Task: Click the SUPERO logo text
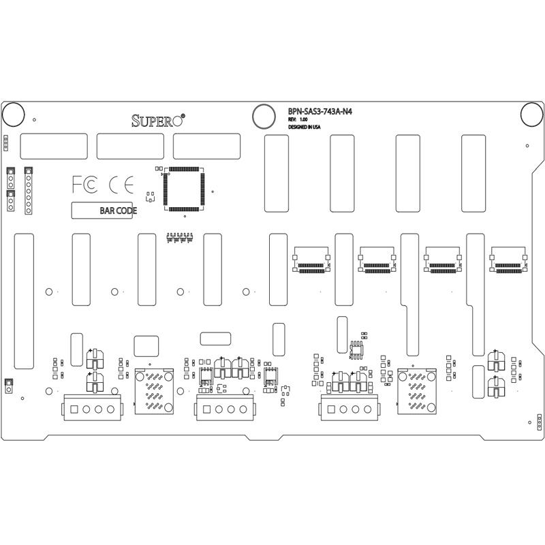[157, 121]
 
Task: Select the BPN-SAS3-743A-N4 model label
[320, 112]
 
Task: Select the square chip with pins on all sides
[185, 188]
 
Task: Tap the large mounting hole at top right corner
[531, 114]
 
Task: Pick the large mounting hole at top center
[263, 116]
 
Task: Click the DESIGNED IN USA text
[304, 127]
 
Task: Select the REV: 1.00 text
[298, 119]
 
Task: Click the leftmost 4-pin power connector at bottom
[92, 408]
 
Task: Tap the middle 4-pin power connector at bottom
[224, 409]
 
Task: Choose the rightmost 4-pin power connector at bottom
[348, 409]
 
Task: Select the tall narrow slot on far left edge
[24, 301]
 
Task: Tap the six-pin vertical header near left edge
[29, 191]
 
